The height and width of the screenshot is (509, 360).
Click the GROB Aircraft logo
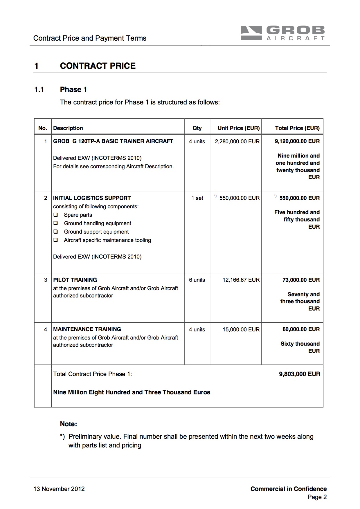[x=282, y=33]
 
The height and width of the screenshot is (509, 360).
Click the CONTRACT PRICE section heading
[x=98, y=66]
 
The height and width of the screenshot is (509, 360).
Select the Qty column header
[x=197, y=128]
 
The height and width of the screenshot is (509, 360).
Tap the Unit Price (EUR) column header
[x=239, y=128]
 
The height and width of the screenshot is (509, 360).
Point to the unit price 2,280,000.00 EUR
[x=237, y=141]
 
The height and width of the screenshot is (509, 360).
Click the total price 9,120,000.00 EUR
[x=297, y=141]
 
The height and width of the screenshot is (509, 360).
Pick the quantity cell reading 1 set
[x=197, y=198]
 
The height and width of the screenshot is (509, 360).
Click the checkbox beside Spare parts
[x=56, y=215]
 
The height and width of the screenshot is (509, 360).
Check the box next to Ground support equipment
[x=56, y=232]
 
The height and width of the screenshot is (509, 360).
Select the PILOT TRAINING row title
[x=75, y=280]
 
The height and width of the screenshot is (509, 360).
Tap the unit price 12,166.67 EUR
[x=241, y=280]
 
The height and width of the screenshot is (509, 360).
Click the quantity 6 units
[x=197, y=280]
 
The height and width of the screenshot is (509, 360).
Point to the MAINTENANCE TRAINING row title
[x=87, y=329]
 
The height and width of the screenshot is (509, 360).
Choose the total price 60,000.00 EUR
[x=301, y=329]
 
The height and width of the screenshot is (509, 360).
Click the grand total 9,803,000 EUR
[x=299, y=374]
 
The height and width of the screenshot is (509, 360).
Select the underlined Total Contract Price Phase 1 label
[x=92, y=374]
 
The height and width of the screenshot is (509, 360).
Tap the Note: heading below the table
[x=68, y=424]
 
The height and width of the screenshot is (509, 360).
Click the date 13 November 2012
[x=59, y=489]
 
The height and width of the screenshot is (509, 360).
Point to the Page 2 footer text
[x=317, y=497]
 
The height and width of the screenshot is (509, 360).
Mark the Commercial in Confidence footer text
[x=288, y=489]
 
